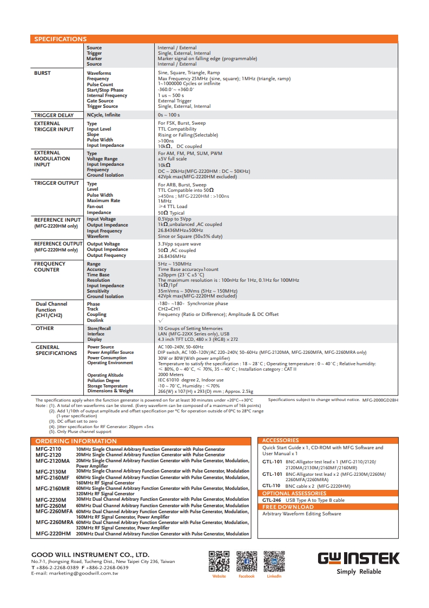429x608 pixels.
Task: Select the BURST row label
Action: tap(43, 73)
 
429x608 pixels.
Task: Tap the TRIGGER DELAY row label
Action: tap(54, 115)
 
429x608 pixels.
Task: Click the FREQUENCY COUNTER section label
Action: tap(50, 267)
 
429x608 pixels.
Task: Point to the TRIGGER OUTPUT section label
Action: tap(56, 183)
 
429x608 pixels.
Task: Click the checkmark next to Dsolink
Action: tap(160, 320)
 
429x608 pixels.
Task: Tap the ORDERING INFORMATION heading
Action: tap(68, 442)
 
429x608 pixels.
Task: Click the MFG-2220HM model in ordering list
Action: tap(53, 534)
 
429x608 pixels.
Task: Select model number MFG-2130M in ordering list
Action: tap(51, 472)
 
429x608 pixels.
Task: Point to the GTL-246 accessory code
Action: tap(272, 500)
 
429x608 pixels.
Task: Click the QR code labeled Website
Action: tap(219, 561)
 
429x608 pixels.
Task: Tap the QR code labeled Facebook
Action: tap(247, 561)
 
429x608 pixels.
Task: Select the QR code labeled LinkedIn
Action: tap(274, 561)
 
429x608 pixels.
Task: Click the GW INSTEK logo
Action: tap(358, 559)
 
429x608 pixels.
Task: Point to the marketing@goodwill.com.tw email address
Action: tap(75, 573)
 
